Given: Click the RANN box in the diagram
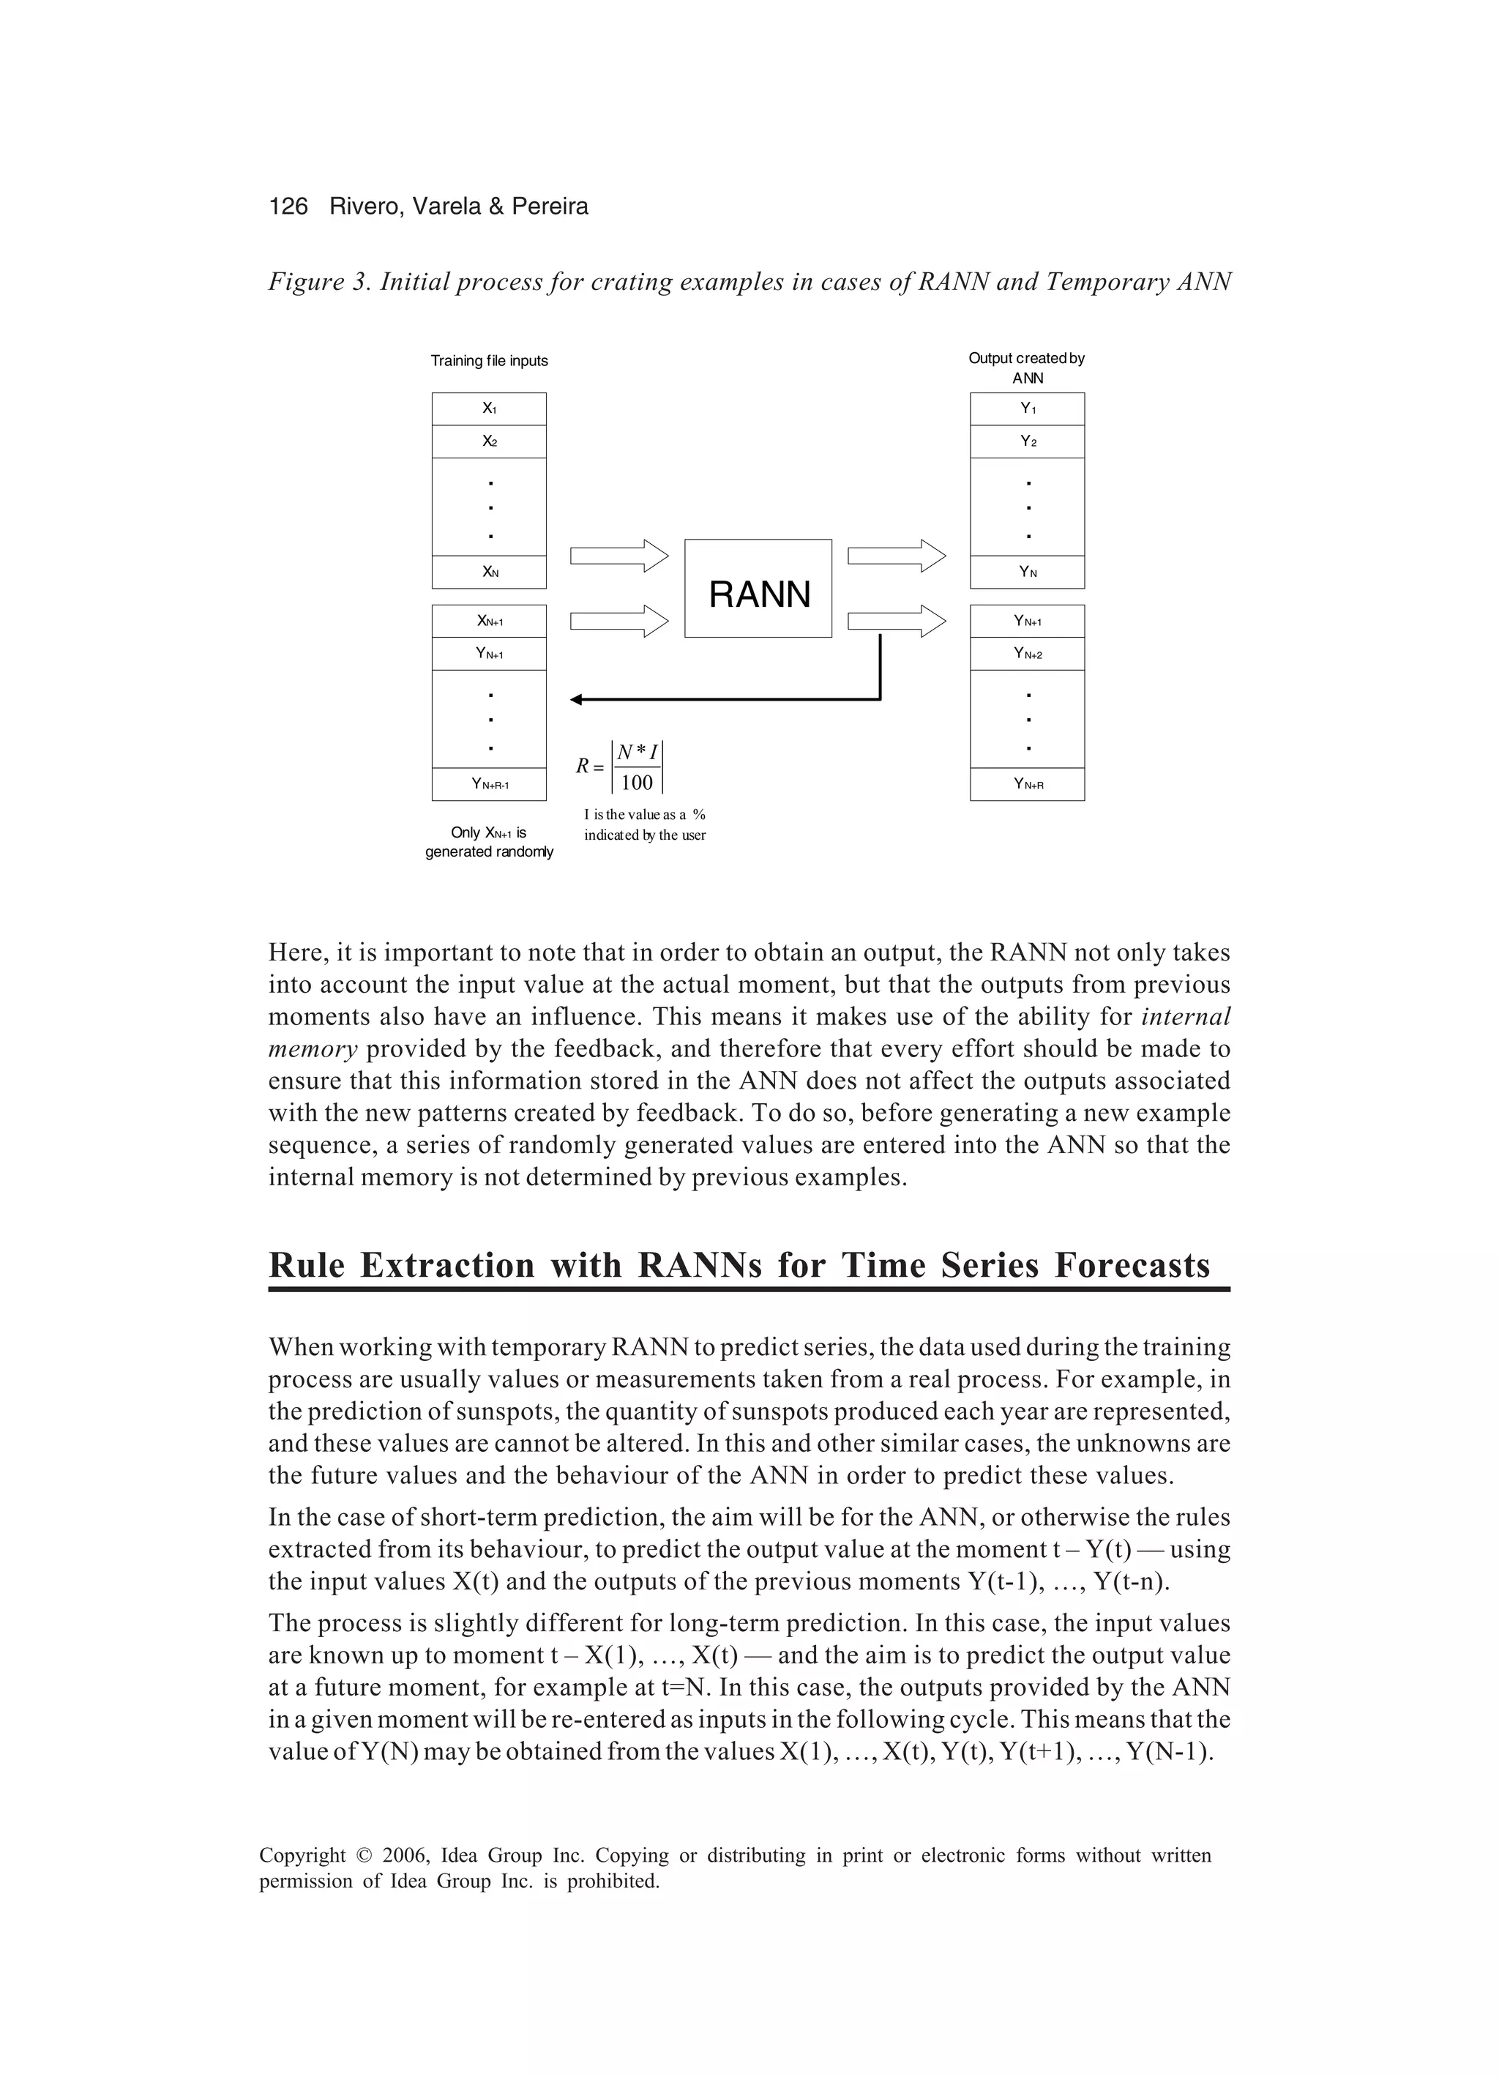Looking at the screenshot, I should [x=758, y=589].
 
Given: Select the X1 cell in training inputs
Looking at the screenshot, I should [x=489, y=409].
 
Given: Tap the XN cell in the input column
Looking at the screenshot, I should [x=489, y=573].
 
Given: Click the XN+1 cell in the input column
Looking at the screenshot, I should [x=489, y=621].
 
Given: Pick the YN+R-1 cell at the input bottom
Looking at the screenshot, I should [x=489, y=784].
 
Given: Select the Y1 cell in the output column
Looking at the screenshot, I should [x=1028, y=409].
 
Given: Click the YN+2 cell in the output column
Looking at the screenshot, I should [x=1028, y=654].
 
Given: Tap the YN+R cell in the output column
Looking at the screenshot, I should [x=1028, y=784].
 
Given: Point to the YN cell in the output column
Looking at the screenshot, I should [x=1028, y=573].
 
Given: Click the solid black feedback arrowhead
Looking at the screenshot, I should [x=577, y=700].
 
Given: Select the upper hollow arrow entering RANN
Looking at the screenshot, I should [x=620, y=556].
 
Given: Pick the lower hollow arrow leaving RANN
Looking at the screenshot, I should [x=897, y=622].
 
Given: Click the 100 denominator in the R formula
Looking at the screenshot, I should [x=636, y=782].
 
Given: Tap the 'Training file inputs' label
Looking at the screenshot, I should [x=489, y=361].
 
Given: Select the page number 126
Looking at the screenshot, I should [x=288, y=207].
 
